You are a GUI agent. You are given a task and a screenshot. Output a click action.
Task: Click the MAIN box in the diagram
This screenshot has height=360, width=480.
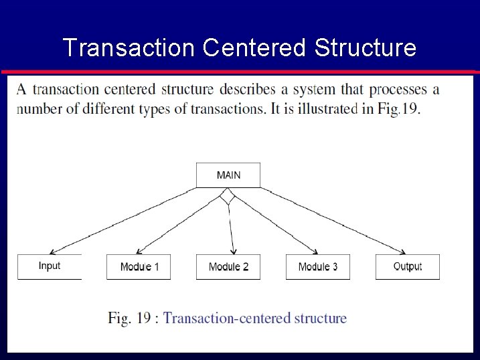[228, 175]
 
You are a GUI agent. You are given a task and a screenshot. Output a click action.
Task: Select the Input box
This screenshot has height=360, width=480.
[50, 266]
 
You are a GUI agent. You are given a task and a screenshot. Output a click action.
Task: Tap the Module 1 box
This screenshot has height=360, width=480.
[139, 267]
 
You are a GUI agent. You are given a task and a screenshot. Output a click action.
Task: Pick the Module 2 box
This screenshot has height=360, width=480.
[228, 267]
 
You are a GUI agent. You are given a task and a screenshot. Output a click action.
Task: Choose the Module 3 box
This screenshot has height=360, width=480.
[318, 267]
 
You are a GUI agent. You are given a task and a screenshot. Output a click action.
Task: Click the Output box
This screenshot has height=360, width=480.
[407, 266]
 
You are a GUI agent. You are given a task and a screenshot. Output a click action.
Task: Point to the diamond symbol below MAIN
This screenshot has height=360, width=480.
[228, 196]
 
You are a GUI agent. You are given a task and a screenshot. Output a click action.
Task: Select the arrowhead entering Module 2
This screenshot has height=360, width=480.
[233, 252]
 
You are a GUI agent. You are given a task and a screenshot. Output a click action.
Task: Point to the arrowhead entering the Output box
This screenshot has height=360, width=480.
[404, 252]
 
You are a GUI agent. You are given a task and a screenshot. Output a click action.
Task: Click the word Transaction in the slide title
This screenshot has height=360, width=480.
[127, 48]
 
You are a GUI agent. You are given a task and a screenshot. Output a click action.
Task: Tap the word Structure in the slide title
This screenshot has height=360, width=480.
[365, 48]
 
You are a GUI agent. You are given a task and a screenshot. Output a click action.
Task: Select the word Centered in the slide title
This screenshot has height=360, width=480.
[254, 48]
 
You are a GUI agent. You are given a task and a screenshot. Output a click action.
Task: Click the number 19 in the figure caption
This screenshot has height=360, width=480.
[143, 319]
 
